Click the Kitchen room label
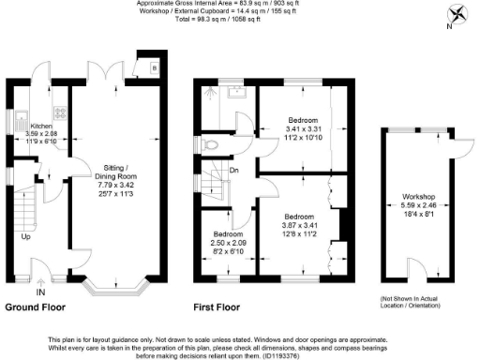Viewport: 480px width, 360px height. coord(41,126)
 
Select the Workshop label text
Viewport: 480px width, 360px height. coord(412,197)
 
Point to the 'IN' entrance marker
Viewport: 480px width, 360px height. coord(40,292)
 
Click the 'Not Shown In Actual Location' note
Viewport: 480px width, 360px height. coord(412,300)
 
